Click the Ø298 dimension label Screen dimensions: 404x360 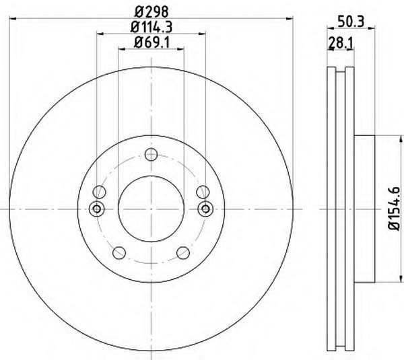(x=151, y=11)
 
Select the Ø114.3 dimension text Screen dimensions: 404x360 (x=151, y=27)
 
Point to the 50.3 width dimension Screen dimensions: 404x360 (x=351, y=22)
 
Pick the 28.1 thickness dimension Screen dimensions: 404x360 (x=340, y=43)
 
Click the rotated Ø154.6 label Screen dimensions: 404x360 (x=394, y=209)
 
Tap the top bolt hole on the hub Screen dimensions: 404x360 (x=151, y=155)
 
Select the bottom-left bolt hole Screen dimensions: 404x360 (x=119, y=252)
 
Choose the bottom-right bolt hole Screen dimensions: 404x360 (x=183, y=252)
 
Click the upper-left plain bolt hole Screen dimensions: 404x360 (x=100, y=192)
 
